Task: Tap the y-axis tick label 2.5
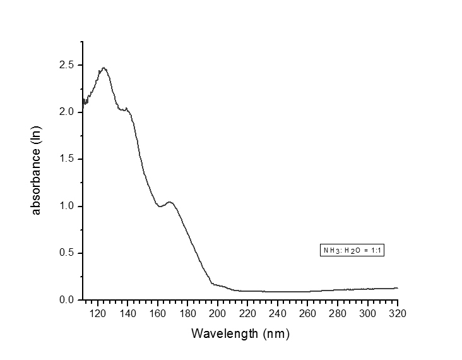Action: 67,65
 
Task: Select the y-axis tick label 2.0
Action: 67,112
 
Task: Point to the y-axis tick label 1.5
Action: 67,159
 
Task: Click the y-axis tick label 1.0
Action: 67,206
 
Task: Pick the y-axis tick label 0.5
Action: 67,253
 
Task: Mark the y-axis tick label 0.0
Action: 67,300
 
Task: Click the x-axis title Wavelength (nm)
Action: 240,333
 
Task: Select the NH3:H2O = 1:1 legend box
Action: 353,251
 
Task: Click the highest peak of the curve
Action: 104,68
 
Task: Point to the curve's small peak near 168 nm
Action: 169,202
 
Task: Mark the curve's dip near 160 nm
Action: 160,206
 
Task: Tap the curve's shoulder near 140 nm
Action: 127,109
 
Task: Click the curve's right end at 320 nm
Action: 398,288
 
